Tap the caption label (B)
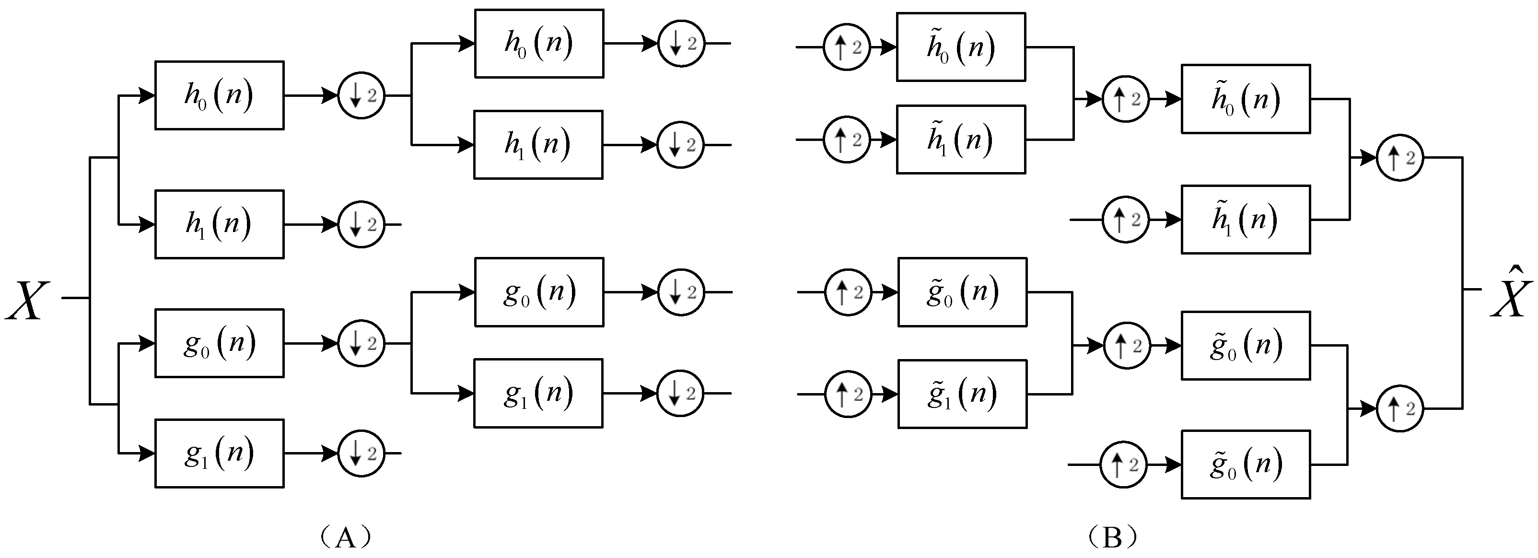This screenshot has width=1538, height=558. click(x=1111, y=536)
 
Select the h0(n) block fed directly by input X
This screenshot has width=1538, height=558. click(x=219, y=95)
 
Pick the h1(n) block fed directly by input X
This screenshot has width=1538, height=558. click(x=219, y=224)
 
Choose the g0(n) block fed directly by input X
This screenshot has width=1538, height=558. click(x=219, y=343)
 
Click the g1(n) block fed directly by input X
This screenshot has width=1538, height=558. click(x=219, y=453)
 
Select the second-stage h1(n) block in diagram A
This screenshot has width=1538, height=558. click(x=538, y=144)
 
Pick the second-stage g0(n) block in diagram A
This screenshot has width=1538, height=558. click(x=538, y=292)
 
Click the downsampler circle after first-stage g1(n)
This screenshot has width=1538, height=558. click(x=361, y=453)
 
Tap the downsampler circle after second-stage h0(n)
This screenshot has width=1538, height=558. click(x=681, y=44)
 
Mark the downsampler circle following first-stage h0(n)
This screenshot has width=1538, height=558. click(x=361, y=95)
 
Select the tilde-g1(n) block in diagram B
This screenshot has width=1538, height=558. click(x=962, y=394)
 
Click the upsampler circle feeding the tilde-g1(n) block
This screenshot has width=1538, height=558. click(x=848, y=394)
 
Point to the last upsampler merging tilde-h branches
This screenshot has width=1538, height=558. click(x=1399, y=158)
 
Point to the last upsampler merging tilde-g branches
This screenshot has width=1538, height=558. click(x=1399, y=409)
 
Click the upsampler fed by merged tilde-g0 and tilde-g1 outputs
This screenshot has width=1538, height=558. click(x=1126, y=346)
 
